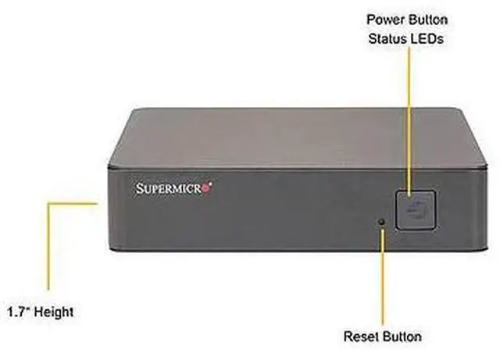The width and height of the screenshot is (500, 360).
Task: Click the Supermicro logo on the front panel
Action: point(174,187)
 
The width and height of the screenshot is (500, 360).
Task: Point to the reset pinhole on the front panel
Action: point(382,222)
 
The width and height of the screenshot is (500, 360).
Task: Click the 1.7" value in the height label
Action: point(19,312)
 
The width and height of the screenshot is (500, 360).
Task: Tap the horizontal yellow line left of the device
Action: point(73,203)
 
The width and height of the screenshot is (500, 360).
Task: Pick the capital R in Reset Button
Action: point(348,337)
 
